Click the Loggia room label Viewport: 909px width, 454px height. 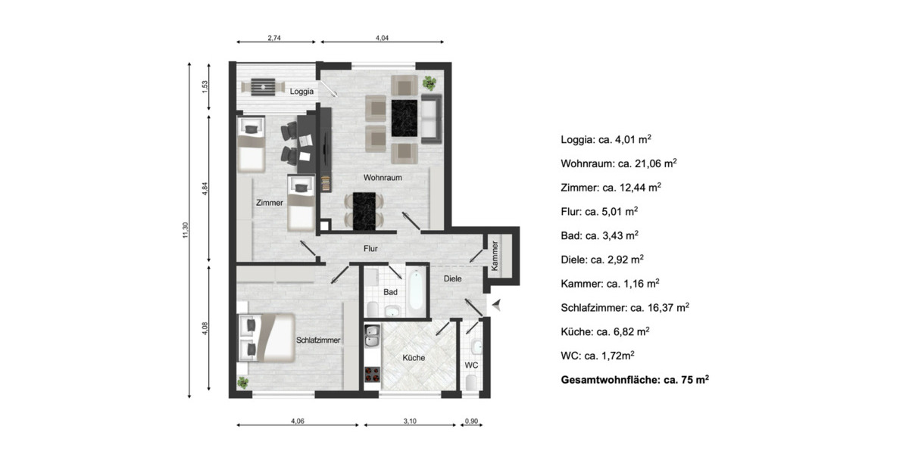(302, 92)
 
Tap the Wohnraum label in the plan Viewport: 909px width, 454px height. (382, 178)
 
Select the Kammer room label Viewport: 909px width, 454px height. (495, 256)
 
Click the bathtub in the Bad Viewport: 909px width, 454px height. (416, 292)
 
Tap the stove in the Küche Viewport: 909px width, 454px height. (372, 374)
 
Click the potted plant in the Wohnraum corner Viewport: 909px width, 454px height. (430, 82)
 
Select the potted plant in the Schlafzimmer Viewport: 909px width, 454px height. (242, 382)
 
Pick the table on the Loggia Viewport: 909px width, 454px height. (262, 87)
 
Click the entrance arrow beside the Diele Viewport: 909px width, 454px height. (497, 305)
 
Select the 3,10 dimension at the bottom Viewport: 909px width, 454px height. (409, 421)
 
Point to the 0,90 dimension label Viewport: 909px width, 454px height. (470, 421)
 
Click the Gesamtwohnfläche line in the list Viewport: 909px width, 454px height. (634, 380)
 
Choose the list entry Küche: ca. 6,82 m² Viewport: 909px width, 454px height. (604, 331)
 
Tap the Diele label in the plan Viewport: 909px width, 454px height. (452, 279)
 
